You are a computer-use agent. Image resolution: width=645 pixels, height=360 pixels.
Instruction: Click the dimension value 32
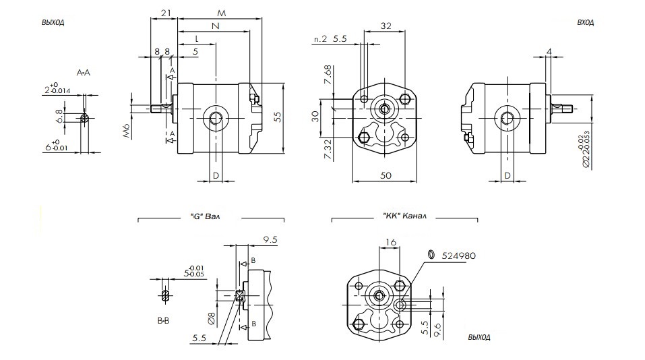pos(386,26)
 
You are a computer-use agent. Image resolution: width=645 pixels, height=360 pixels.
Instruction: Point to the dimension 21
pos(164,13)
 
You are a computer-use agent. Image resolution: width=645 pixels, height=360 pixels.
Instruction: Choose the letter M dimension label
pos(222,13)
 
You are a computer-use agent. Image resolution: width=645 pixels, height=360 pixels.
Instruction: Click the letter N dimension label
pos(214,26)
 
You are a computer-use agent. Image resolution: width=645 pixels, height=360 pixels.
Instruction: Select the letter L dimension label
pos(196,38)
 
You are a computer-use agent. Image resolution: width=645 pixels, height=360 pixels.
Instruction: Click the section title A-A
pos(84,71)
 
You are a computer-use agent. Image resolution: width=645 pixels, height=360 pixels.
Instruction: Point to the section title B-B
pos(164,321)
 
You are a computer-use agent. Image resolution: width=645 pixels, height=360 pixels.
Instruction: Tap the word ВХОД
pos(585,22)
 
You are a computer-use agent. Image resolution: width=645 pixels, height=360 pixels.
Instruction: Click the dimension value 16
pos(392,243)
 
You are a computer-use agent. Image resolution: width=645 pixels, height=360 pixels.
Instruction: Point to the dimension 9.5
pos(272,239)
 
